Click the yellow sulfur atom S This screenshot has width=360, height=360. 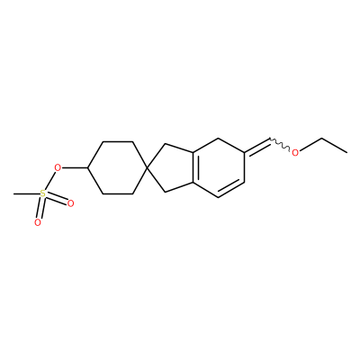[43, 193]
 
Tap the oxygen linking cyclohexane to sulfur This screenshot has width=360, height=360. [57, 167]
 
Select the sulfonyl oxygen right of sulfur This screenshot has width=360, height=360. [70, 204]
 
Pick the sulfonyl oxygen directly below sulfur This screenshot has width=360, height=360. [38, 222]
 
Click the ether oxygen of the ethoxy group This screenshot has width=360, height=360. [295, 153]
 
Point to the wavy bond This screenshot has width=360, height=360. [280, 144]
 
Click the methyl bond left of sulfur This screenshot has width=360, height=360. [27, 193]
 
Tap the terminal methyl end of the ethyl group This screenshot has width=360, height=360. [347, 153]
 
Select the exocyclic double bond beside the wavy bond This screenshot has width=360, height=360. [257, 147]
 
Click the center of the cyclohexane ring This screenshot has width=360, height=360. [118, 167]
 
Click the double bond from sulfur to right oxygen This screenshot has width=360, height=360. [57, 199]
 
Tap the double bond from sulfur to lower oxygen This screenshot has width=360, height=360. [40, 208]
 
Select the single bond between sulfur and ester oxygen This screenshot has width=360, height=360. [49, 181]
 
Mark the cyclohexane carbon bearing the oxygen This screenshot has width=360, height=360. [87, 167]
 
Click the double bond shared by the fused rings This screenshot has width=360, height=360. [194, 167]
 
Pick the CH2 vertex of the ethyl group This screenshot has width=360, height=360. [322, 139]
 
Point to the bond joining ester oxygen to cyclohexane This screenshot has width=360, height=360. [74, 167]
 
